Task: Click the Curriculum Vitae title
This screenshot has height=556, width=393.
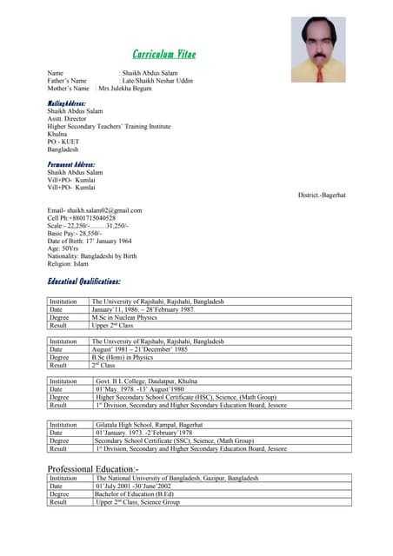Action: point(163,54)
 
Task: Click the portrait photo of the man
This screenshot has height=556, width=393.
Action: point(317,50)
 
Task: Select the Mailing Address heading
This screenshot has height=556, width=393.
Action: point(67,103)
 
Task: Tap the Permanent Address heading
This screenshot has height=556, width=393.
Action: point(71,163)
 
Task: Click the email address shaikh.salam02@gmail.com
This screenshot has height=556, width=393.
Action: point(95,210)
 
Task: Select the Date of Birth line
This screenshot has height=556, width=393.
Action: point(90,241)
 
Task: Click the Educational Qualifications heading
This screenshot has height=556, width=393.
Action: point(84,281)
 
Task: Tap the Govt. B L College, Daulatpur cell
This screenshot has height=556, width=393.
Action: point(151,381)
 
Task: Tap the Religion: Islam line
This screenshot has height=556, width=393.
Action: point(68,263)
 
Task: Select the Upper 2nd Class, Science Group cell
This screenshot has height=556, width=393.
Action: point(137,502)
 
